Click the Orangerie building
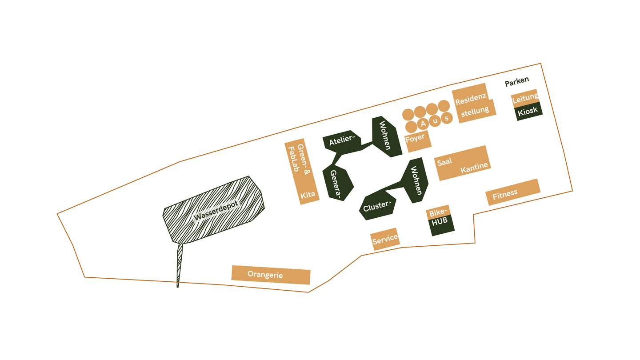(271, 275)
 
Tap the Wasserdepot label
(216, 210)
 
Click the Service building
(385, 239)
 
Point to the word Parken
(517, 81)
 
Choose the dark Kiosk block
(528, 111)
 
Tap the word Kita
(308, 194)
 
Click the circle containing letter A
(423, 123)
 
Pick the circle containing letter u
(435, 121)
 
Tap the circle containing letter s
(447, 118)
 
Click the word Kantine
(474, 168)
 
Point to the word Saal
(444, 162)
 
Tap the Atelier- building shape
(341, 142)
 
